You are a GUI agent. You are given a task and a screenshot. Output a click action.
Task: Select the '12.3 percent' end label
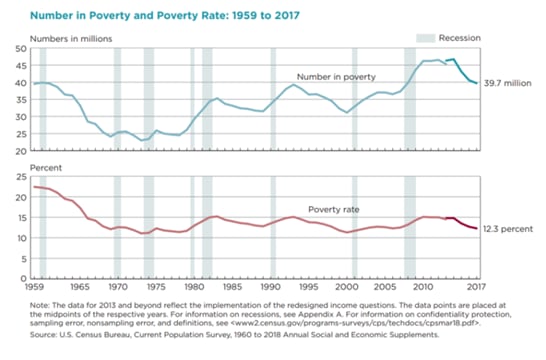[510, 230]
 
